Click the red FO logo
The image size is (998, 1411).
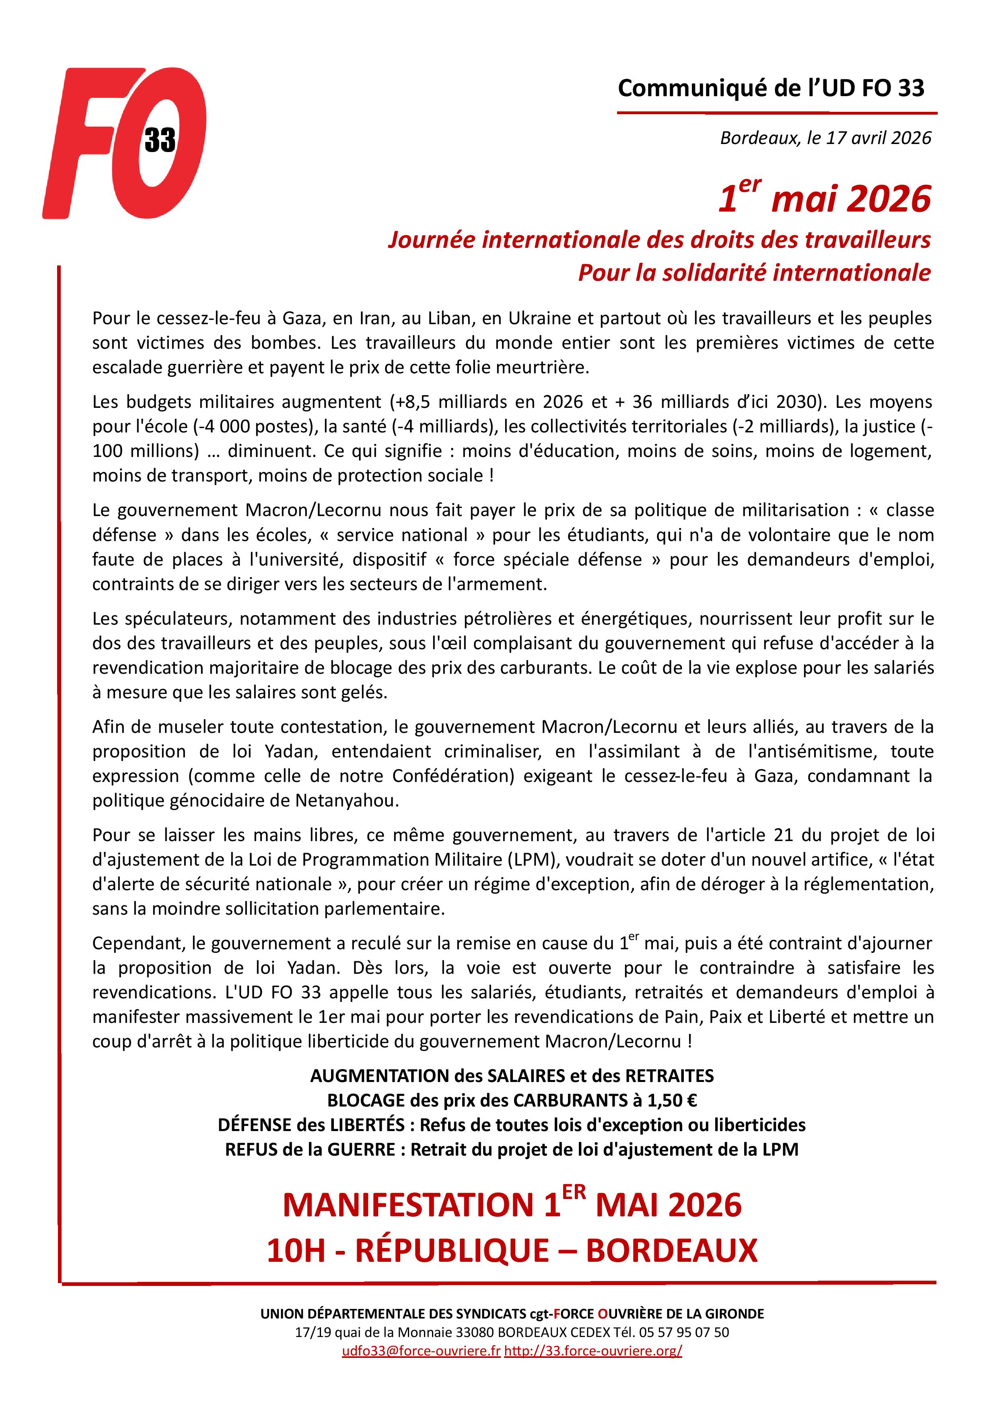tap(123, 143)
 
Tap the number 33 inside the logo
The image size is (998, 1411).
tap(160, 141)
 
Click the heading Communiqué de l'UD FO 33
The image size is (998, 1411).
tap(771, 88)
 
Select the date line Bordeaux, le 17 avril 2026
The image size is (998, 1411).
tap(825, 138)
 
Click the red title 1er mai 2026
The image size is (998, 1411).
tap(825, 199)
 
